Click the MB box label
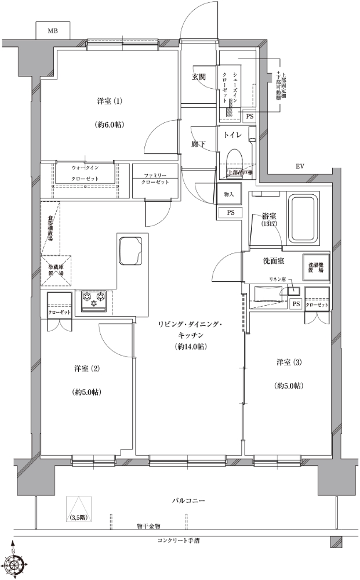point(53,30)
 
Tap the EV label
point(300,166)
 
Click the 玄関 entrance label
point(200,77)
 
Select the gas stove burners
point(94,298)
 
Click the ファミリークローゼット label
point(155,179)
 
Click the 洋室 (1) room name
point(109,101)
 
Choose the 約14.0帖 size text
point(191,347)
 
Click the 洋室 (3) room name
point(289,362)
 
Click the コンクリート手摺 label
point(179,541)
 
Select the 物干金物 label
point(148,526)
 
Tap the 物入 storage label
point(228,194)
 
